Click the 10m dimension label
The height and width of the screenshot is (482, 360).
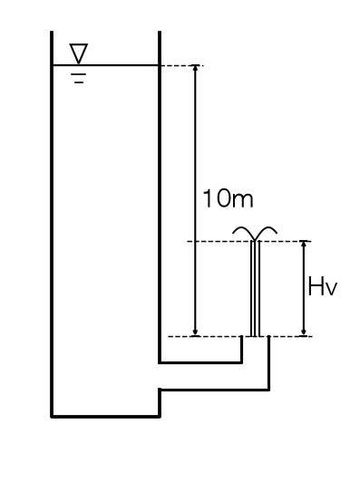pos(229,198)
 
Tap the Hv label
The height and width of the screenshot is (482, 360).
pos(323,286)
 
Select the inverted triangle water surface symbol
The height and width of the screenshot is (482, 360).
pos(79,53)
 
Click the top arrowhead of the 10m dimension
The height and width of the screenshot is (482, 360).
pos(195,68)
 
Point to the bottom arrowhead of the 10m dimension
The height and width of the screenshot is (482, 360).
pos(195,333)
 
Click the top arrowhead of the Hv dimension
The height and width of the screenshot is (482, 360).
pos(304,244)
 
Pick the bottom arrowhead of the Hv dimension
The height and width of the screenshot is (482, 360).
pos(304,333)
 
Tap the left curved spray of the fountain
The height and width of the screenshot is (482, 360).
pos(243,232)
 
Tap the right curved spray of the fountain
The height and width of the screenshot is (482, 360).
pos(267,232)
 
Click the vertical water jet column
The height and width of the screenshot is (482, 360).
pos(256,288)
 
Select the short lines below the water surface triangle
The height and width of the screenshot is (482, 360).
pos(79,79)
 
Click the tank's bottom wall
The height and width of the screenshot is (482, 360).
pos(105,417)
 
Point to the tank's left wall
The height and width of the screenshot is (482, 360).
pos(52,225)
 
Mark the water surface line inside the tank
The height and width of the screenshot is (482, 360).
pos(105,65)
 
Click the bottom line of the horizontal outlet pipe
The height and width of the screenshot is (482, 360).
pos(215,390)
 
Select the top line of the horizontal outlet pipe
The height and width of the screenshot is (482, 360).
pos(200,362)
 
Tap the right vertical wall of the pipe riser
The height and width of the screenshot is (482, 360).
pos(269,363)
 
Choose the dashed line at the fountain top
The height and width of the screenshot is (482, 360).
pos(249,241)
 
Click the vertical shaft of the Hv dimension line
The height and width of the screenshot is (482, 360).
pos(304,288)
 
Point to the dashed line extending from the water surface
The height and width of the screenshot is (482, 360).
pos(181,65)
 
